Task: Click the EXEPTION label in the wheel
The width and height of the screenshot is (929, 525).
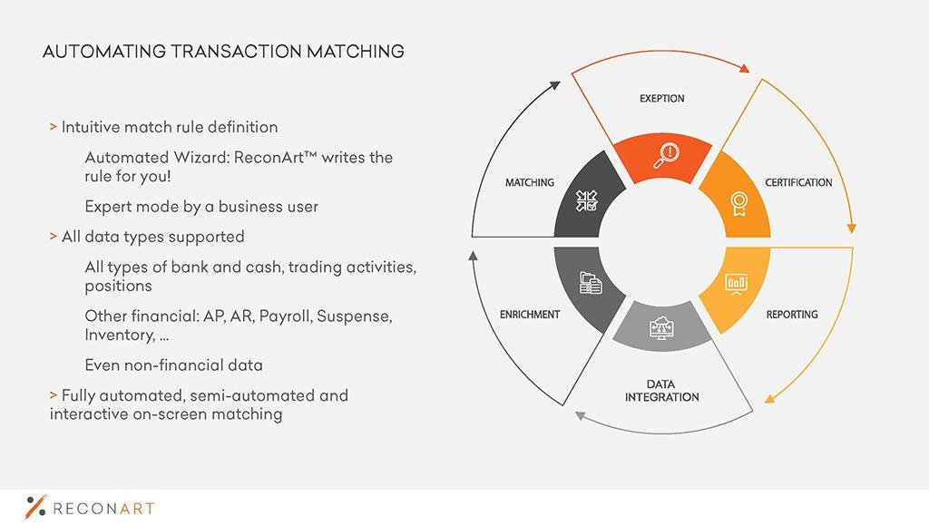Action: (x=661, y=98)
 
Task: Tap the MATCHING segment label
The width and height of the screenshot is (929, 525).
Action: (x=530, y=182)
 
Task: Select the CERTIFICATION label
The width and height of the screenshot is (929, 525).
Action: (x=798, y=182)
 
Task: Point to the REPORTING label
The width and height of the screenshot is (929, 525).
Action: (x=792, y=315)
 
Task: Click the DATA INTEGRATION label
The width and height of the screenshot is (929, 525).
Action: (x=661, y=391)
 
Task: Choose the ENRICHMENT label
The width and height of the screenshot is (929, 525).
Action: (x=530, y=315)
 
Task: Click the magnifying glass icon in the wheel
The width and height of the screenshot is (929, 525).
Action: (x=667, y=156)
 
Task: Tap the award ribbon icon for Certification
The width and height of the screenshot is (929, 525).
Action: (x=738, y=204)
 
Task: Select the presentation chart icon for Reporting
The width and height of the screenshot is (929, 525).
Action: (x=737, y=284)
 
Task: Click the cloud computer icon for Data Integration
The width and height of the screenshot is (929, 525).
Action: (x=661, y=326)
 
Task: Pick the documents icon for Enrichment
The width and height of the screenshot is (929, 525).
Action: (x=590, y=283)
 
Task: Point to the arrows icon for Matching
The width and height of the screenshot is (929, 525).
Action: (x=587, y=200)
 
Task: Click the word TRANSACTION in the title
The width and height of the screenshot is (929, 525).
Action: (x=237, y=52)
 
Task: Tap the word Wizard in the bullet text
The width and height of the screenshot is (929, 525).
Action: (x=200, y=158)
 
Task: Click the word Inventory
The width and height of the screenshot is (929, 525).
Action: (x=121, y=335)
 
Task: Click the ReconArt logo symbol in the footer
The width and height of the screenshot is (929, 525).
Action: (x=35, y=506)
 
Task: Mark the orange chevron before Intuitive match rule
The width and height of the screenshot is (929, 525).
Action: (x=54, y=127)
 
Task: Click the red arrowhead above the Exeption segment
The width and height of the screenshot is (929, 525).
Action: (x=744, y=68)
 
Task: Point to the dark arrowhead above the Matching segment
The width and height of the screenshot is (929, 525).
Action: (x=554, y=86)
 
